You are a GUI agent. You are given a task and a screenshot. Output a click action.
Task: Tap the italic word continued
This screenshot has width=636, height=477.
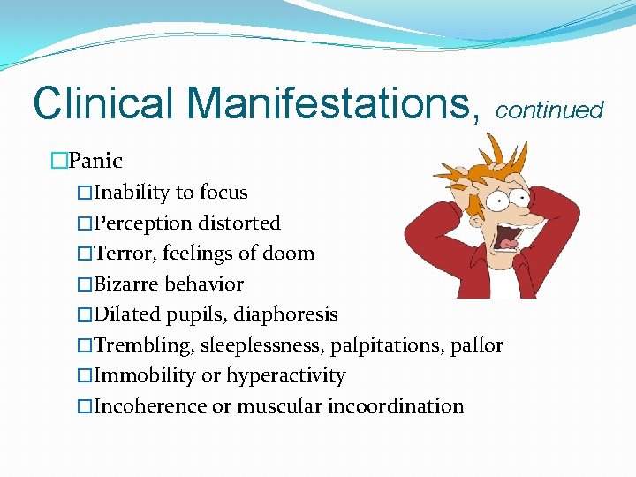coord(549,110)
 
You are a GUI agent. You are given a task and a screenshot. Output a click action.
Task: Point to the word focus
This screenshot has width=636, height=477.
coord(223,193)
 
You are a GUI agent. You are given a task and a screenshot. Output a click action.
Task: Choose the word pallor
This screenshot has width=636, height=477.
coord(478,345)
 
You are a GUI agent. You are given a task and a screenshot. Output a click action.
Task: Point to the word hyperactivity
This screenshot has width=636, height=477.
coord(285,375)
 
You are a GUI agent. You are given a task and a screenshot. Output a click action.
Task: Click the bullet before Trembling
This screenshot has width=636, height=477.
coord(84,345)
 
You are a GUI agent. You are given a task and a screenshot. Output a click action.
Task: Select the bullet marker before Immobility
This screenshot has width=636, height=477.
coord(84,375)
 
